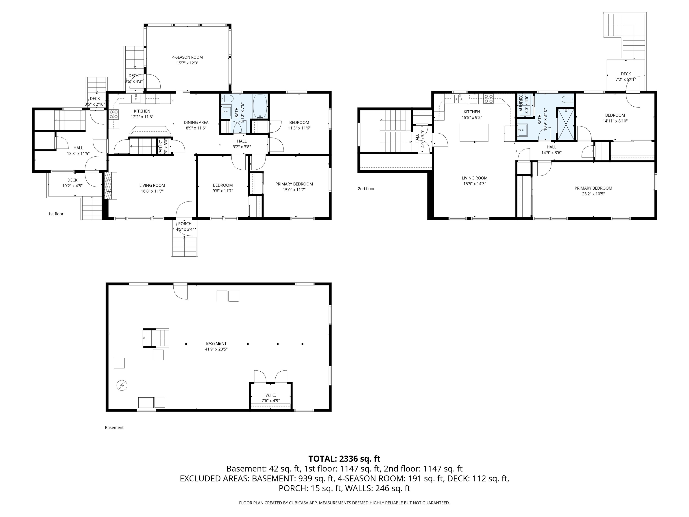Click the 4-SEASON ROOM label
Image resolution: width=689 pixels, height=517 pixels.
pos(187,57)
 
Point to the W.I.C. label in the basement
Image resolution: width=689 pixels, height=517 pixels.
pos(271,395)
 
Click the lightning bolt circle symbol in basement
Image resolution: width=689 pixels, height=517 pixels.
pos(122,386)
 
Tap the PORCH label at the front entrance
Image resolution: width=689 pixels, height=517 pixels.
pos(185,224)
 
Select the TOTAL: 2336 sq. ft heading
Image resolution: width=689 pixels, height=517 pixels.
pos(344,459)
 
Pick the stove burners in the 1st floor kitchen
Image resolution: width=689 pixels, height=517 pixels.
pos(113,114)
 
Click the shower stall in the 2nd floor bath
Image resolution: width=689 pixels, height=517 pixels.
pos(565,124)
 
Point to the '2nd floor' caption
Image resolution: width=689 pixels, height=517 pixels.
pos(366,188)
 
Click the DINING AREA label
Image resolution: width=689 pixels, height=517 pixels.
pos(196,123)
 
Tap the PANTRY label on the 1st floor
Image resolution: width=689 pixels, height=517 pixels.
pos(160,147)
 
